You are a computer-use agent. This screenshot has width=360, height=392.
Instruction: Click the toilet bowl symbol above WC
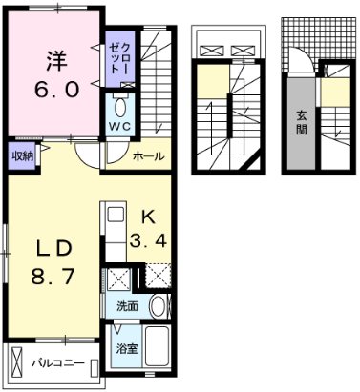(119, 105)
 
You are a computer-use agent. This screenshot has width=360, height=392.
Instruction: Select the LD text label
(53, 249)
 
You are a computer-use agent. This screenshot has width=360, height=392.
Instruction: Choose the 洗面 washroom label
(128, 307)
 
